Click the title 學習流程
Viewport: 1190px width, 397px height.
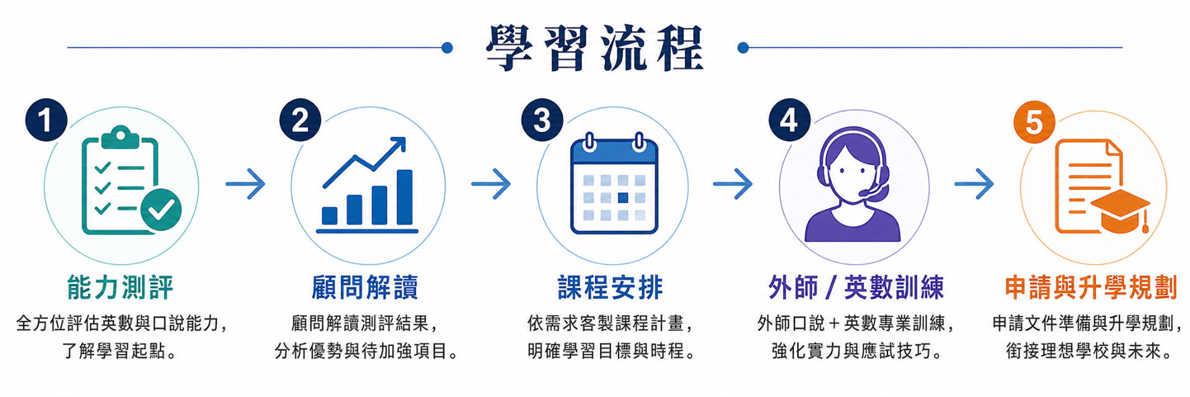coord(594,48)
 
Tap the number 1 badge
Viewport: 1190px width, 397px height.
coord(46,120)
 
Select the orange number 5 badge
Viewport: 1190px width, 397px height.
coord(1034,122)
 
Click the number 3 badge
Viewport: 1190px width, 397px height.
coord(542,120)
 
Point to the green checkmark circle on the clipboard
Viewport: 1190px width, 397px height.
coord(161,210)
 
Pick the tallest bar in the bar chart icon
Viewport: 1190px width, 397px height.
coord(405,197)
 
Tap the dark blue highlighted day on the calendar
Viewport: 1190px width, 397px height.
coord(623,198)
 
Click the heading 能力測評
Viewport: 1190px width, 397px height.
coord(120,288)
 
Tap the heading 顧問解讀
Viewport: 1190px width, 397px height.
coord(365,288)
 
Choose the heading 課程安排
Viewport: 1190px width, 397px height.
coord(610,288)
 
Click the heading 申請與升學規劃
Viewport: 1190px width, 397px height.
coord(1091,288)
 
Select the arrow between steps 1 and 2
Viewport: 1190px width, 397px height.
coord(245,184)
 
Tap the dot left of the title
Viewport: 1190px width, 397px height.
coord(447,48)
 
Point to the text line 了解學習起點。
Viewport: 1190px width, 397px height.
coord(120,351)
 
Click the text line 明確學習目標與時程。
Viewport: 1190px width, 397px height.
coord(612,351)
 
